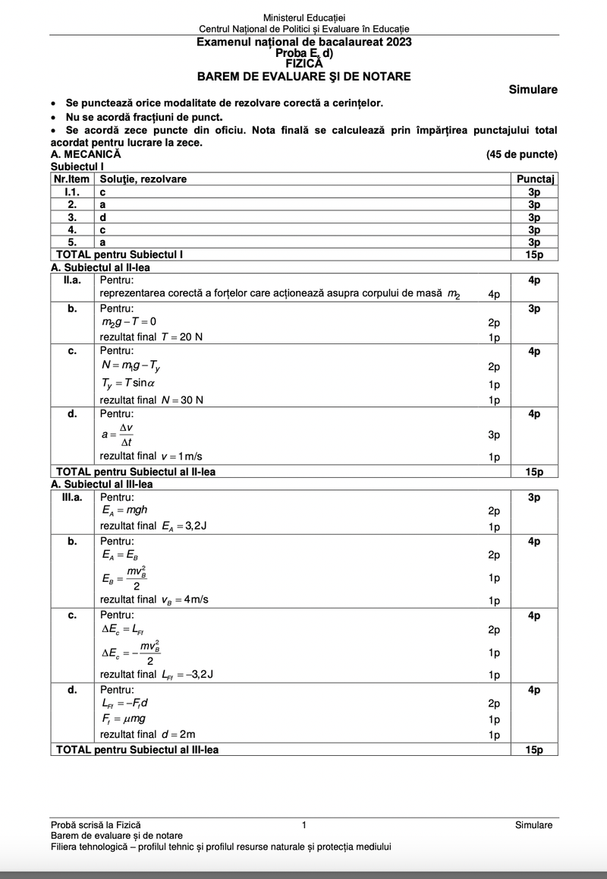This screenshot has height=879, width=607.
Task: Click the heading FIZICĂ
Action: tap(304, 64)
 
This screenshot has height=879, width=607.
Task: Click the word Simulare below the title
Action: tap(533, 90)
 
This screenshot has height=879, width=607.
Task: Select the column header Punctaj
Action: tap(536, 179)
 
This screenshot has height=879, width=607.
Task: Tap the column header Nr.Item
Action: tap(71, 179)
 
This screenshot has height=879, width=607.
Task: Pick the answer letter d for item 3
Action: tap(103, 217)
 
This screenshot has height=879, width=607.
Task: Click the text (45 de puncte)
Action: tap(522, 154)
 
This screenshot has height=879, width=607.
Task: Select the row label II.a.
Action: tap(72, 280)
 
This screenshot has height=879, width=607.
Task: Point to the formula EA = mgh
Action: tap(124, 511)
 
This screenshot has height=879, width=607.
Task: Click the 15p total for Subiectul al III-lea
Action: tap(534, 750)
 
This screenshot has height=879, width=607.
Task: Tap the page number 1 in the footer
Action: tap(303, 825)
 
